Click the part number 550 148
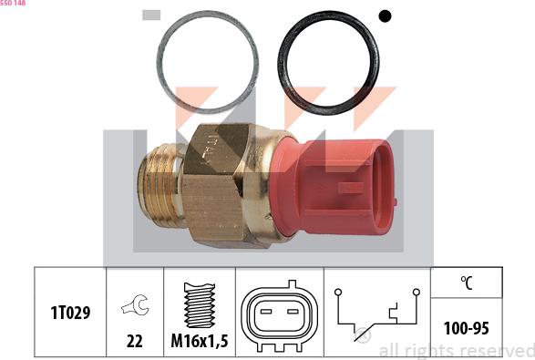coord(13,3)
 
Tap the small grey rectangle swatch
coord(151,15)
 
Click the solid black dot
coord(385,16)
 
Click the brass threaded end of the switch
coord(160,185)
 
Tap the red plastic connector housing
coord(333,188)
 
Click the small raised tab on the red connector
coord(350,188)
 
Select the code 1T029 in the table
coord(70,313)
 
